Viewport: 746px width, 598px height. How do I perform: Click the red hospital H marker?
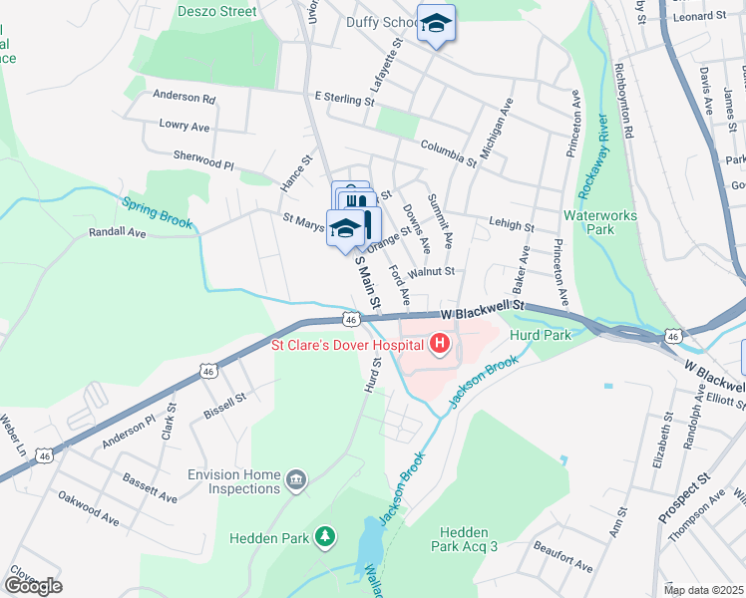tap(439, 346)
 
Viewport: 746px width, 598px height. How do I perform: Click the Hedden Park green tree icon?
tap(324, 538)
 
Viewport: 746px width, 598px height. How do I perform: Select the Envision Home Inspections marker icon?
tap(296, 481)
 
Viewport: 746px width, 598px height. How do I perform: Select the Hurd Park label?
tap(540, 336)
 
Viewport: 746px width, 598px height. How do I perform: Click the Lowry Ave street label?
tap(185, 127)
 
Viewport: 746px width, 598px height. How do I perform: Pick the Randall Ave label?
tap(117, 232)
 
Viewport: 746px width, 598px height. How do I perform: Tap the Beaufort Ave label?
tap(563, 558)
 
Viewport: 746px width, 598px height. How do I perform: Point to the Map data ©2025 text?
tap(702, 590)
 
